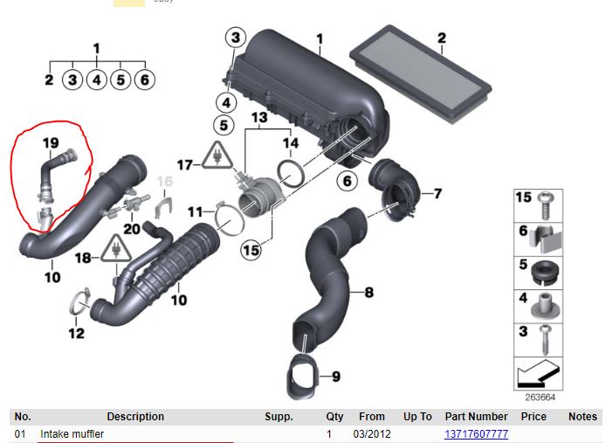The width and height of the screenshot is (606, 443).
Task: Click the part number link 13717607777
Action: [x=476, y=434]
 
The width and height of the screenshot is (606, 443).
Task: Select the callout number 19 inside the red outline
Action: [x=51, y=143]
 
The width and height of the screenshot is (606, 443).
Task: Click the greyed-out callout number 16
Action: [x=165, y=181]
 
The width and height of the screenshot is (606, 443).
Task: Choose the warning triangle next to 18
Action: [x=116, y=249]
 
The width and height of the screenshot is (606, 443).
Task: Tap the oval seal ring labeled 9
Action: [x=302, y=376]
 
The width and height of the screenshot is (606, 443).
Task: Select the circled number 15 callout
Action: [x=251, y=250]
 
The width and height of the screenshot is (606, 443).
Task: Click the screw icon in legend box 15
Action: [x=546, y=205]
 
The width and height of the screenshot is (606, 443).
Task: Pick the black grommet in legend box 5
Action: [x=544, y=272]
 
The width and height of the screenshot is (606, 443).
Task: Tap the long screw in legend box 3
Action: [x=546, y=340]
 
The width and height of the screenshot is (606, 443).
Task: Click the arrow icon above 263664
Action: [x=537, y=374]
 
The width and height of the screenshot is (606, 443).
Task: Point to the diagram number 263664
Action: [x=540, y=398]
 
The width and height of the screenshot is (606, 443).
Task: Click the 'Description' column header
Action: [x=135, y=417]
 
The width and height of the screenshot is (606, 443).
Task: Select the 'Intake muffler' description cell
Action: [x=72, y=434]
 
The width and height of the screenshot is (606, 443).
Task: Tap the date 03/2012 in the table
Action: [x=372, y=434]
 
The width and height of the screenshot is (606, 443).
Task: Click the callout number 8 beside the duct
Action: [x=369, y=292]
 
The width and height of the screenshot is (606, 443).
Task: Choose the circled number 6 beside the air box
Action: [x=347, y=181]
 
